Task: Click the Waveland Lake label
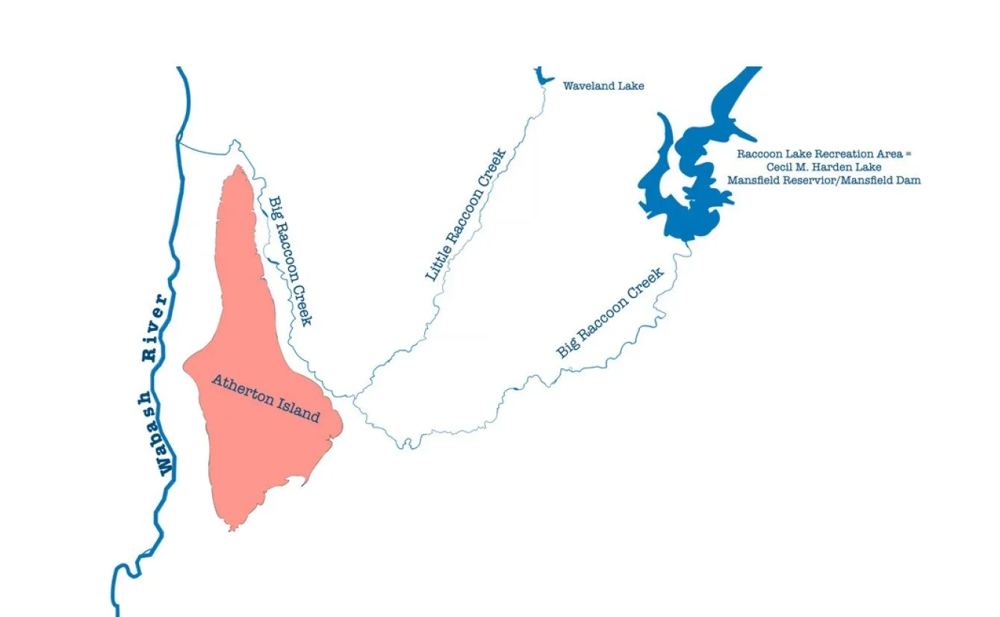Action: (x=603, y=86)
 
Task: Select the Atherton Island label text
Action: (x=265, y=398)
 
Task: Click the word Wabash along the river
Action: (x=164, y=432)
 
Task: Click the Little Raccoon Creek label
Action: (x=465, y=216)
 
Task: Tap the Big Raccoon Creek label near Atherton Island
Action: (x=289, y=261)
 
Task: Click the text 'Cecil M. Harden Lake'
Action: (x=824, y=167)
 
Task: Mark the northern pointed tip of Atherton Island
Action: (x=237, y=167)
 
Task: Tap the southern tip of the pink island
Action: (x=232, y=528)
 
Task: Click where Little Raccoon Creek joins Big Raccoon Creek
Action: (x=354, y=395)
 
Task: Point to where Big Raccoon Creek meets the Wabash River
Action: (x=180, y=140)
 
